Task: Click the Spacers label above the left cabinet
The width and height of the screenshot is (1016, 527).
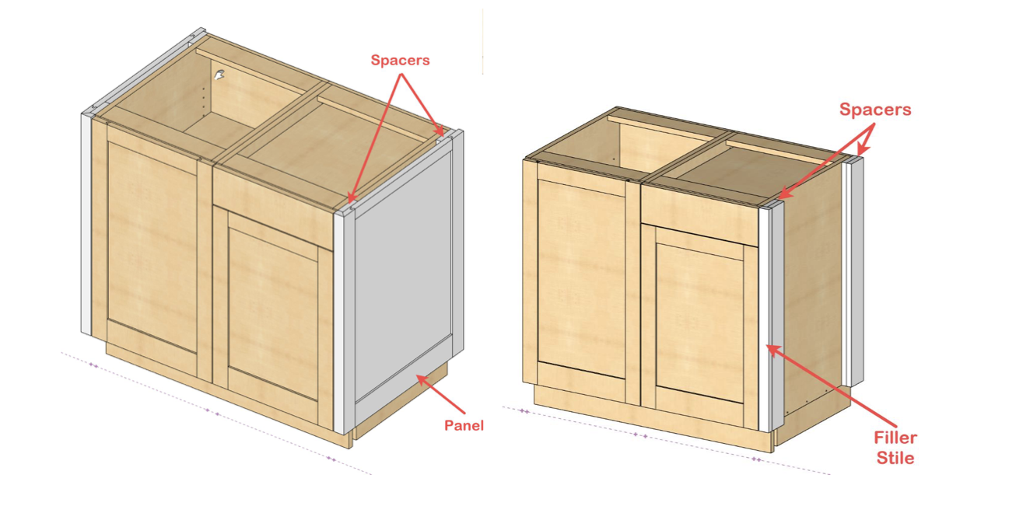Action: (400, 60)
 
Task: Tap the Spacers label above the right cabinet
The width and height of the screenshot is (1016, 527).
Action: (875, 109)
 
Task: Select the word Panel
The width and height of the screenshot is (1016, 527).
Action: (464, 425)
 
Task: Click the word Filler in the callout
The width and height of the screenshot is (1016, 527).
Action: (895, 438)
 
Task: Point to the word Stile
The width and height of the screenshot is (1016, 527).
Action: (895, 458)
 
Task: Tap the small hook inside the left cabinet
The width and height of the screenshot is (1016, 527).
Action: (219, 75)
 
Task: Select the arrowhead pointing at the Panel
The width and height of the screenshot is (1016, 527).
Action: (422, 380)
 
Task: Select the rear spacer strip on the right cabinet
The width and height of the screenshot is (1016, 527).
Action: (853, 272)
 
